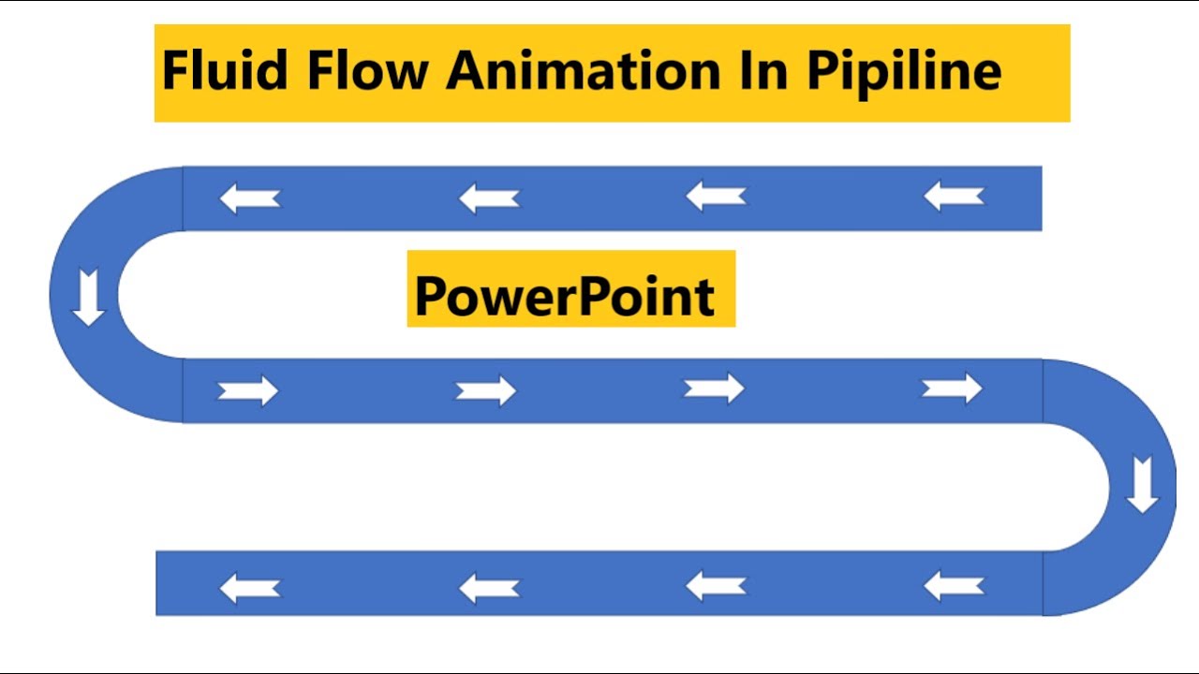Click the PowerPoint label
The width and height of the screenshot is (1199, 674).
(565, 295)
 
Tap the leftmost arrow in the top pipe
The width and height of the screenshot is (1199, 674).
(249, 198)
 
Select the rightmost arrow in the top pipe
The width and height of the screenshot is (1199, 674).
(954, 197)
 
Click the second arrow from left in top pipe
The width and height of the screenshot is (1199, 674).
(488, 198)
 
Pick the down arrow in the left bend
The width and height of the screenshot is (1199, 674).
(89, 296)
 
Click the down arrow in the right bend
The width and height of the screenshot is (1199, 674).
(1142, 484)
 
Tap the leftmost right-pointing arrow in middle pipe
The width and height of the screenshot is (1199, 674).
(248, 390)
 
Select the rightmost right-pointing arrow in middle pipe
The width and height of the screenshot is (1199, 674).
(952, 388)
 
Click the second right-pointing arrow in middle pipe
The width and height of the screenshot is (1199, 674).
(486, 390)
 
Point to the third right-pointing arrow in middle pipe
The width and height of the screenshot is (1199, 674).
(714, 388)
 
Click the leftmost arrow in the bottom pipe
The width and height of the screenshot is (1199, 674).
(249, 588)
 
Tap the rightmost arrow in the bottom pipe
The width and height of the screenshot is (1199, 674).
(954, 586)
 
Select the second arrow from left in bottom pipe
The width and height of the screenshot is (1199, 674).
(488, 588)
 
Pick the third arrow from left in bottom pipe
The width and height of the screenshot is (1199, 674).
(716, 586)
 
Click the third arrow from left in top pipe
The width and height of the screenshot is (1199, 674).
(716, 197)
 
